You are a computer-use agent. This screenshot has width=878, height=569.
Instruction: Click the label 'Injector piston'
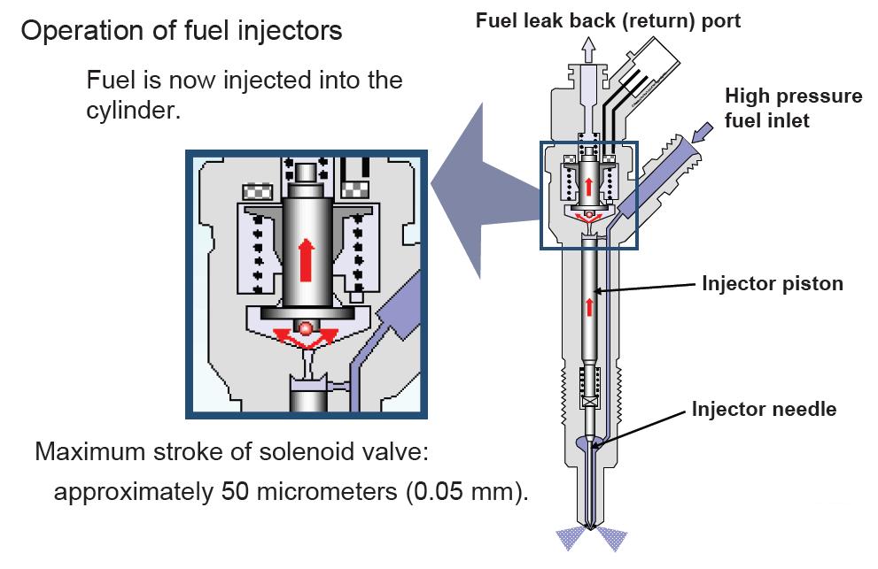pos(772,284)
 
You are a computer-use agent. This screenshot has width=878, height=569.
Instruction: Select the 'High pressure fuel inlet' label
pos(793,107)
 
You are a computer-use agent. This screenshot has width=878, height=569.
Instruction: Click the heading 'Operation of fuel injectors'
pos(182,32)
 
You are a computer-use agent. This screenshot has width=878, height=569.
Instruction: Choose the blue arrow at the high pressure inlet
pos(702,134)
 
